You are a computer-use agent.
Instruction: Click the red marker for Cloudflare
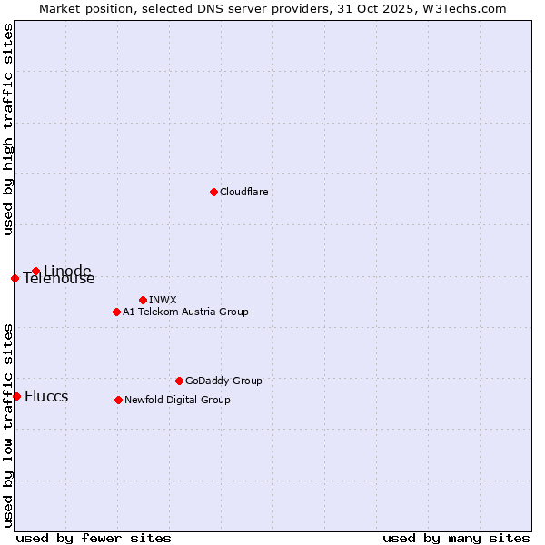point(213,192)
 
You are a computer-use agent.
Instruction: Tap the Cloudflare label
point(243,192)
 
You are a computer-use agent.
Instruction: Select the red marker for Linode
point(35,271)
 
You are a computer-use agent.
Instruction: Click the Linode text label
point(67,271)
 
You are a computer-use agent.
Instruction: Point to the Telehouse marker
point(15,278)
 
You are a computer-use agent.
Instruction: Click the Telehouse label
point(59,280)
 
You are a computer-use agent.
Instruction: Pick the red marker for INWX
point(143,300)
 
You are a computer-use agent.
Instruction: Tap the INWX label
point(163,300)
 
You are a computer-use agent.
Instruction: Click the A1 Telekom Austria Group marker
point(116,312)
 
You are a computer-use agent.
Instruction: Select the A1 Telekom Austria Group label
point(185,312)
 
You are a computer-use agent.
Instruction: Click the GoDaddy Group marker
point(179,381)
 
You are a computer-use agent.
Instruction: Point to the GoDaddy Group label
point(223,381)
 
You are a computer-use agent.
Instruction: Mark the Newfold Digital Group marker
point(118,400)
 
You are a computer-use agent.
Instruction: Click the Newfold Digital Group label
point(177,400)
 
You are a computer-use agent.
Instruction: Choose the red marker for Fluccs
point(16,396)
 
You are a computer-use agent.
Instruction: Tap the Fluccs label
point(46,397)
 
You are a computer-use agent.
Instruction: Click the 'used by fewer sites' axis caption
point(94,538)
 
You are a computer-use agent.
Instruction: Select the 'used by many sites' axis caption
point(456,538)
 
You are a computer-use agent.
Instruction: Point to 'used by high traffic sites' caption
point(8,129)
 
